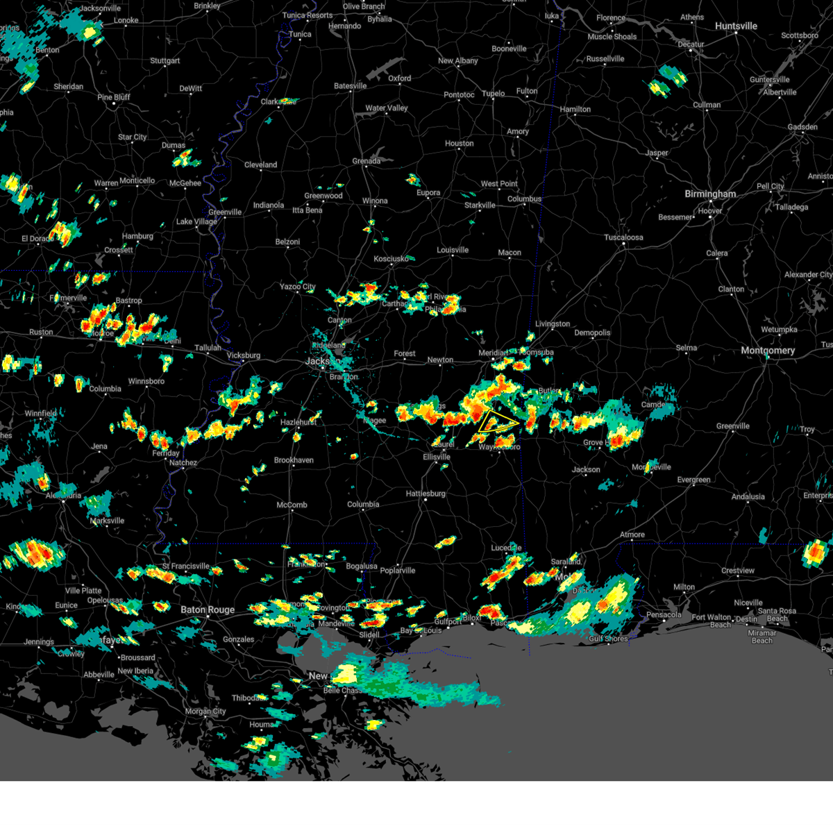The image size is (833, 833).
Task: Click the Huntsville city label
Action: pos(736,26)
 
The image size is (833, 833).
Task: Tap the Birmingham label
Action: pos(710,194)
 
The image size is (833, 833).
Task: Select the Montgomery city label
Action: pos(767,351)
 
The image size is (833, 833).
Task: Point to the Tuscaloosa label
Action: pos(623,237)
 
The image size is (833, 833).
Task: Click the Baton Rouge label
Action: pos(208,610)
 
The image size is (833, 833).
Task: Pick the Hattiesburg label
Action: pos(426,494)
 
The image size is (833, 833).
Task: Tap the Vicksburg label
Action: pos(244,355)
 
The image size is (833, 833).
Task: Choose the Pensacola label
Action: pos(664,614)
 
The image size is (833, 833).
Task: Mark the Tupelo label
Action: pos(494,94)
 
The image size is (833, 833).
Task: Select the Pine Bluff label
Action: pos(114,97)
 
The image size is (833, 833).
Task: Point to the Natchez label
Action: pos(183,462)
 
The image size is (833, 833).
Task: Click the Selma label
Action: pos(687,348)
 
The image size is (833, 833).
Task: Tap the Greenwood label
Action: pos(323,196)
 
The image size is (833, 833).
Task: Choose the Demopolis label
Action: pos(592,333)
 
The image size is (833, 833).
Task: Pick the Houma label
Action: pos(262,725)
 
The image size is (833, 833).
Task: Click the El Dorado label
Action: pos(37,239)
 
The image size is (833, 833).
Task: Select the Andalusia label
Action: pos(748,496)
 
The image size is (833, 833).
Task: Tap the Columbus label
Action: pos(524,199)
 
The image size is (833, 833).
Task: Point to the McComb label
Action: pos(292,505)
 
